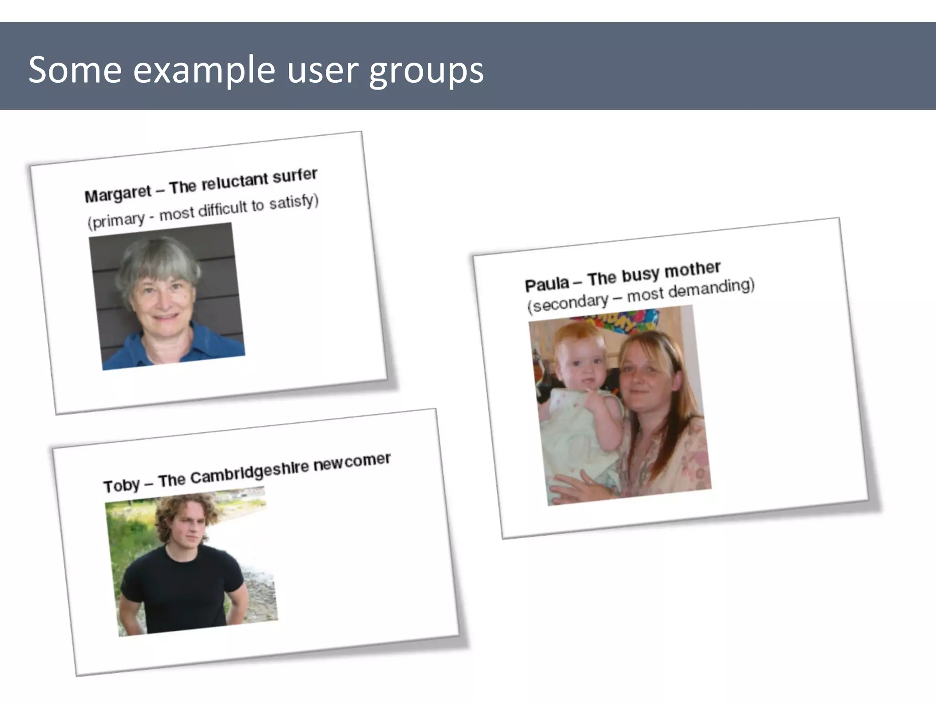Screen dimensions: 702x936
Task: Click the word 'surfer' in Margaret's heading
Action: (295, 175)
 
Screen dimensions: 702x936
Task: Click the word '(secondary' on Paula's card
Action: (567, 303)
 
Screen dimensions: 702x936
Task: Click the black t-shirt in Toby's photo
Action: (183, 585)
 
